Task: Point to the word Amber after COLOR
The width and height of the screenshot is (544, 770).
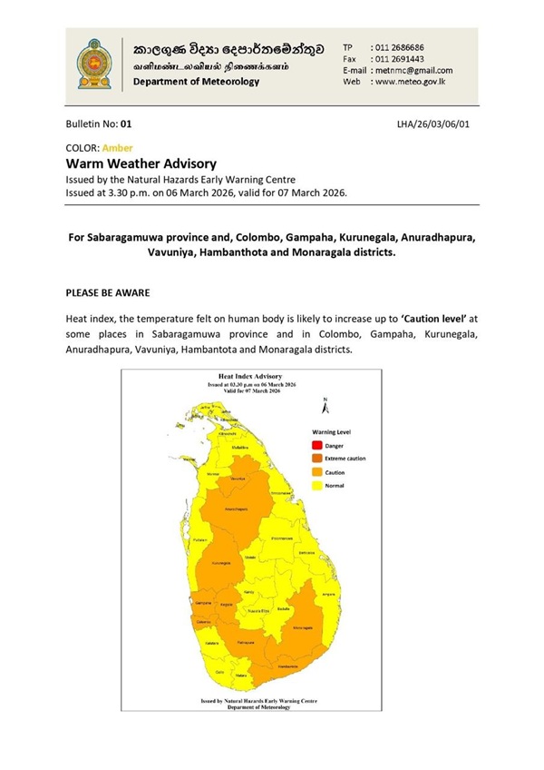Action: tap(118, 147)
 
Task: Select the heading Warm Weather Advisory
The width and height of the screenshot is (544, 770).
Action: tap(141, 163)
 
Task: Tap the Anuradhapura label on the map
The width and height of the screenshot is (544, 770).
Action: tap(238, 509)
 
